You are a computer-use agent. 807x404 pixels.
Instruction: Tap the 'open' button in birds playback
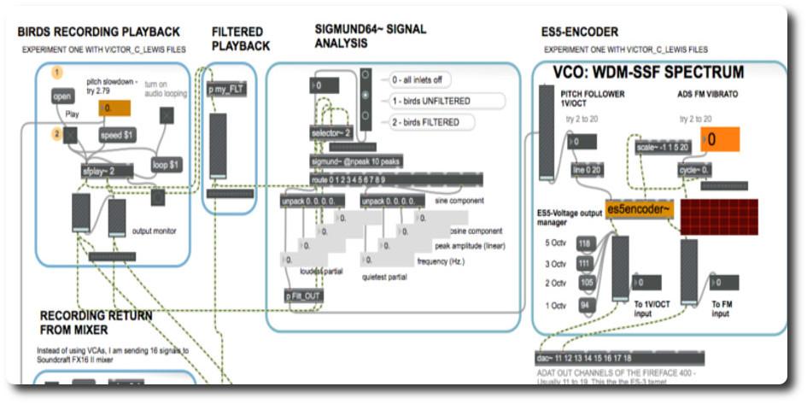62,97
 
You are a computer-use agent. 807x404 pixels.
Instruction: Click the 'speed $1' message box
117,135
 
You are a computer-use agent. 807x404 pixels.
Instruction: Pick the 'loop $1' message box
166,164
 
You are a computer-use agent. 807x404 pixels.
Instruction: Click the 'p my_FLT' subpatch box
226,89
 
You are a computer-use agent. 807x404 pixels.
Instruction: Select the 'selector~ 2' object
330,133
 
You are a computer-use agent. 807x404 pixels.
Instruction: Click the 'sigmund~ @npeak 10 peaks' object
356,161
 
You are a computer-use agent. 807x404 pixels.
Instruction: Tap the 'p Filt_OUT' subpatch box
305,296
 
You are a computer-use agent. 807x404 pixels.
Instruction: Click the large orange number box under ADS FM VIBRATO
719,139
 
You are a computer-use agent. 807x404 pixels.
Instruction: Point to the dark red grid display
719,216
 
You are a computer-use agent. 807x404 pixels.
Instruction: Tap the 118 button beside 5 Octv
584,243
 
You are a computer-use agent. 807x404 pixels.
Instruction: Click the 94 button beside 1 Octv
584,305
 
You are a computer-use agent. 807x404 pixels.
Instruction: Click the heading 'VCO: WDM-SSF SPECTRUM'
648,73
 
